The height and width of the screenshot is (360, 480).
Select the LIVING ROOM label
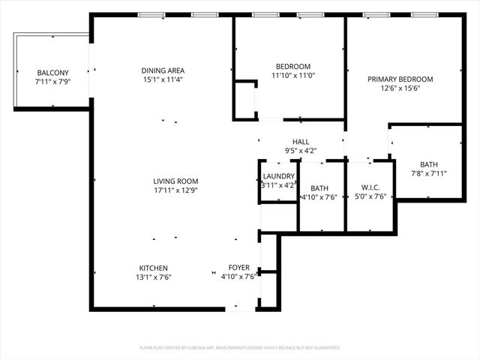tap(175, 181)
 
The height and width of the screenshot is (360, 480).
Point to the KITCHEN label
tap(153, 268)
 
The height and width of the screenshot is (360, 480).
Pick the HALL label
tap(301, 142)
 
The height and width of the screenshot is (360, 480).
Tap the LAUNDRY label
tap(278, 177)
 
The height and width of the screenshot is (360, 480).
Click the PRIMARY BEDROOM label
tap(400, 79)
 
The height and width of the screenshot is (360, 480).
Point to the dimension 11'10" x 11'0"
tap(289, 76)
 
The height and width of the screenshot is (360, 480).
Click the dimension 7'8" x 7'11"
tap(429, 173)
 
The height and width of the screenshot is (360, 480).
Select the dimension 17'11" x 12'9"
tap(175, 190)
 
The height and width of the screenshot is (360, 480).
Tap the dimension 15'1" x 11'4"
tap(163, 79)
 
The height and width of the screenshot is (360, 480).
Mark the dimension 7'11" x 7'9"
tap(52, 81)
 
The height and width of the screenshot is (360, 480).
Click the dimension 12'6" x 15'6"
tap(400, 88)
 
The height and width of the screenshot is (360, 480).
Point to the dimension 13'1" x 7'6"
tap(153, 277)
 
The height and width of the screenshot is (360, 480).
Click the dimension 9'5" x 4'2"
tap(301, 150)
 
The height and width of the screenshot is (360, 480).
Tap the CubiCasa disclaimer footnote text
tap(240, 348)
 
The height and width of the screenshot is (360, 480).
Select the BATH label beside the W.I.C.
tap(319, 188)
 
